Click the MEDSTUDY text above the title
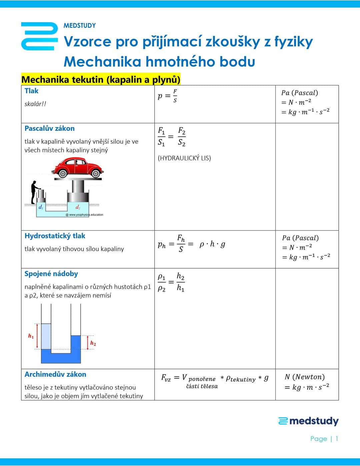tap(79, 26)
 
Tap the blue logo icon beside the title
tap(39, 36)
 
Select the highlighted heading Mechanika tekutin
tap(101, 80)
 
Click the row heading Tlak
tap(31, 91)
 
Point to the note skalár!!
tap(35, 104)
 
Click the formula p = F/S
tap(167, 96)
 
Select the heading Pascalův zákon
tap(49, 129)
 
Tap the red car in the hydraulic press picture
tap(78, 167)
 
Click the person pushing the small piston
tap(34, 192)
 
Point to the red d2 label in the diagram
tap(78, 207)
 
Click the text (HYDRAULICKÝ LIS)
tap(184, 158)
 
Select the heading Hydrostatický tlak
tap(55, 236)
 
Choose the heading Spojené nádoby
tap(51, 274)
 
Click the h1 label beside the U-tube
tap(31, 336)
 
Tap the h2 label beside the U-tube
tap(93, 343)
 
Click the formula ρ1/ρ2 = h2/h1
tap(171, 282)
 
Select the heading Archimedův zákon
tap(55, 375)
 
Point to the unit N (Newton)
tap(305, 377)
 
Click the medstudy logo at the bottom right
tap(308, 421)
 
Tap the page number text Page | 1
tap(324, 439)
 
